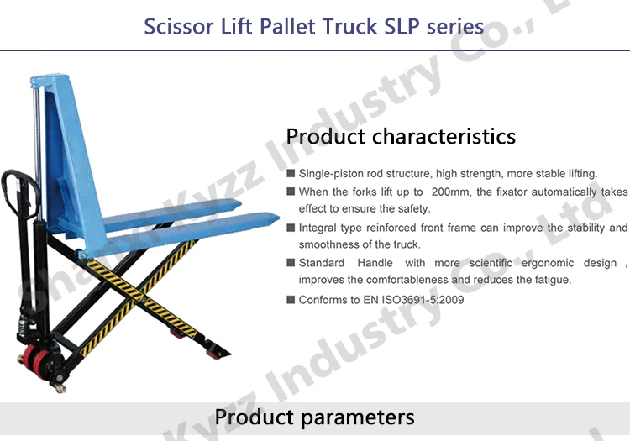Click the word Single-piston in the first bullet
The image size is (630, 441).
tap(329, 173)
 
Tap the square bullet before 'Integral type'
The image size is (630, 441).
tap(291, 228)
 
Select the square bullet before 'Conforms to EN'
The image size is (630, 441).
tap(291, 300)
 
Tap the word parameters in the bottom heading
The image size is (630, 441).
tap(361, 417)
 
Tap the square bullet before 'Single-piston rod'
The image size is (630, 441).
tap(291, 173)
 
